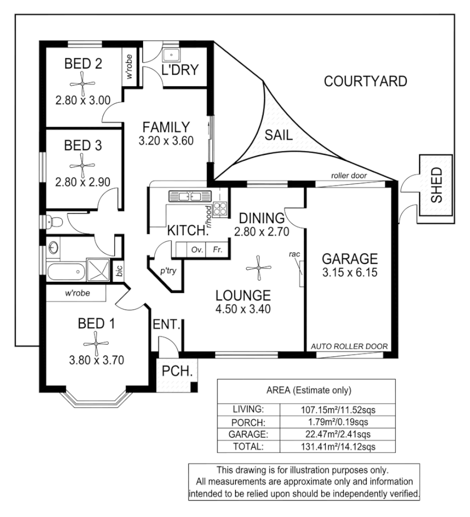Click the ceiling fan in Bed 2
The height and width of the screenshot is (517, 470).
[83, 84]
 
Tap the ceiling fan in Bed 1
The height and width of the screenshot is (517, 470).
[96, 344]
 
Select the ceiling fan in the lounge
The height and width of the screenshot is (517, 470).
[258, 268]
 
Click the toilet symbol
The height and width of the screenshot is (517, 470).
[54, 222]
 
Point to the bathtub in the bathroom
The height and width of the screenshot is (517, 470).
[66, 272]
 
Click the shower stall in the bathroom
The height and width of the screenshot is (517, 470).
[98, 270]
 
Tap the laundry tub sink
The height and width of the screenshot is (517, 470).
[171, 55]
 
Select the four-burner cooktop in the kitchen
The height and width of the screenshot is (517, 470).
[220, 209]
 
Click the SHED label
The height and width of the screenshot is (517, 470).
[437, 185]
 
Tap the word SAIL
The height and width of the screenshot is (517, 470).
[279, 135]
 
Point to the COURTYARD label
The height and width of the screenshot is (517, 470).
[366, 81]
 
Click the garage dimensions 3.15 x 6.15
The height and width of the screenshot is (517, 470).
[350, 273]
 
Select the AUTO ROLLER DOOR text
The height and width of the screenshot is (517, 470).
[350, 347]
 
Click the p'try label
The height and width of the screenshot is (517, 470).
[169, 271]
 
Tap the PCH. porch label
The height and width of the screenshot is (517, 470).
[177, 372]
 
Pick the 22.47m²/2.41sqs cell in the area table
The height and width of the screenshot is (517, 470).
[338, 434]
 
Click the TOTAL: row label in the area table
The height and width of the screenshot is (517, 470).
[248, 447]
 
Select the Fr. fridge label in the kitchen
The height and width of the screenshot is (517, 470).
[218, 249]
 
